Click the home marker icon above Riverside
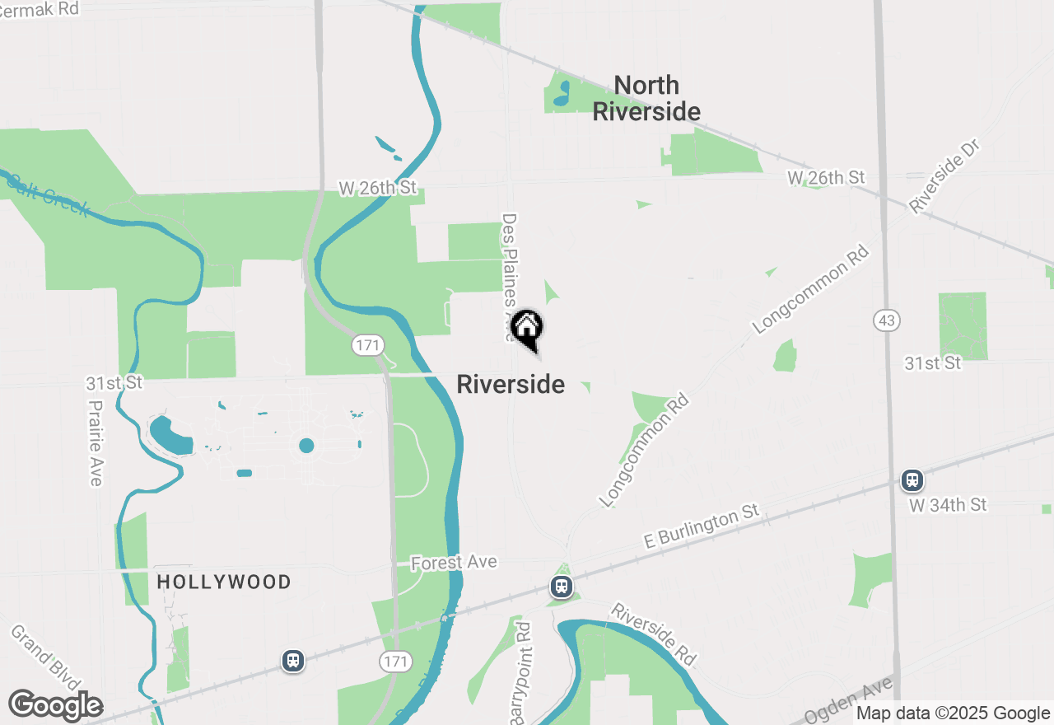(526, 328)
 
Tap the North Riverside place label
(646, 98)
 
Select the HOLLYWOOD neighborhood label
(224, 582)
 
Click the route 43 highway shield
(887, 320)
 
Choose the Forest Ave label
(454, 562)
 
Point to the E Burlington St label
(701, 527)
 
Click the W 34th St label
(948, 504)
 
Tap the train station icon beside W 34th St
(912, 479)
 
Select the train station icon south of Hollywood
(292, 660)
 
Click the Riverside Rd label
(654, 634)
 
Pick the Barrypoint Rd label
(521, 673)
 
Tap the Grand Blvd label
(45, 659)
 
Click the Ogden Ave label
(851, 701)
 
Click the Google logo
(55, 705)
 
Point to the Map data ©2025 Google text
(953, 713)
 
